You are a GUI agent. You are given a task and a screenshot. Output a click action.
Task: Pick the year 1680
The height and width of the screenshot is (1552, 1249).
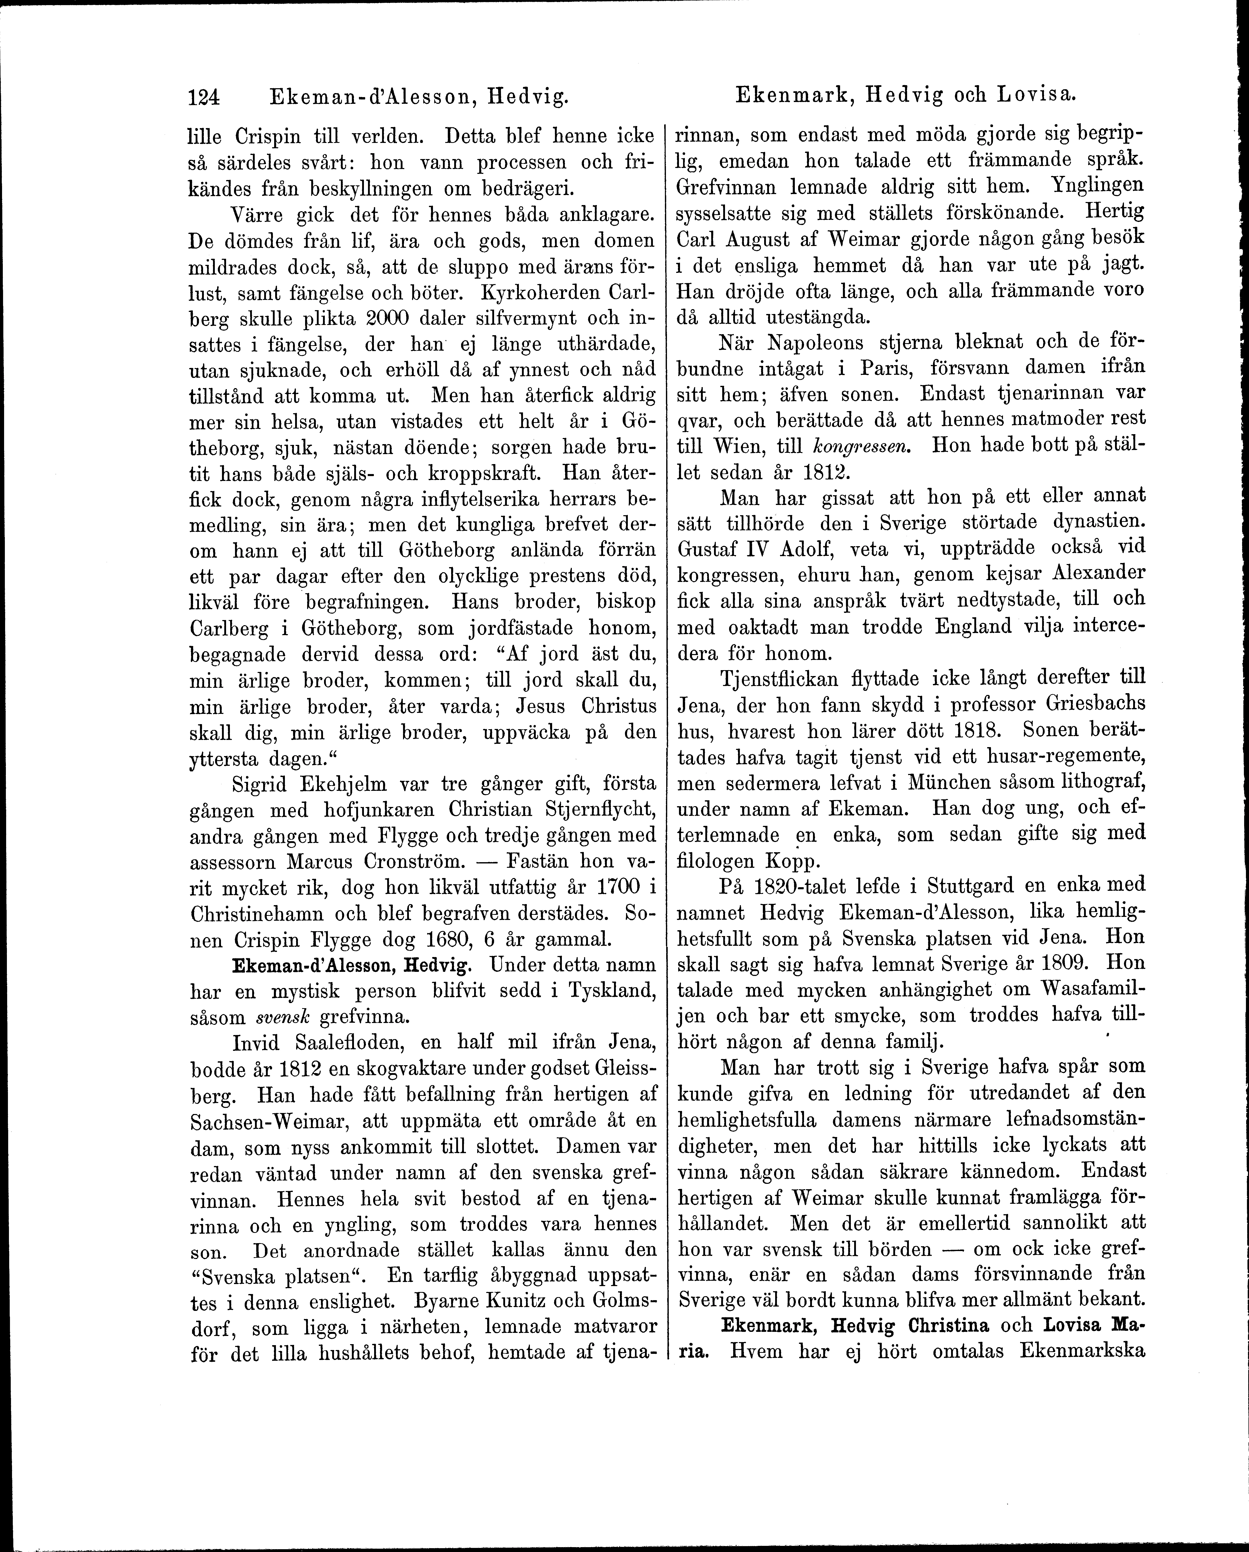(458, 939)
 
